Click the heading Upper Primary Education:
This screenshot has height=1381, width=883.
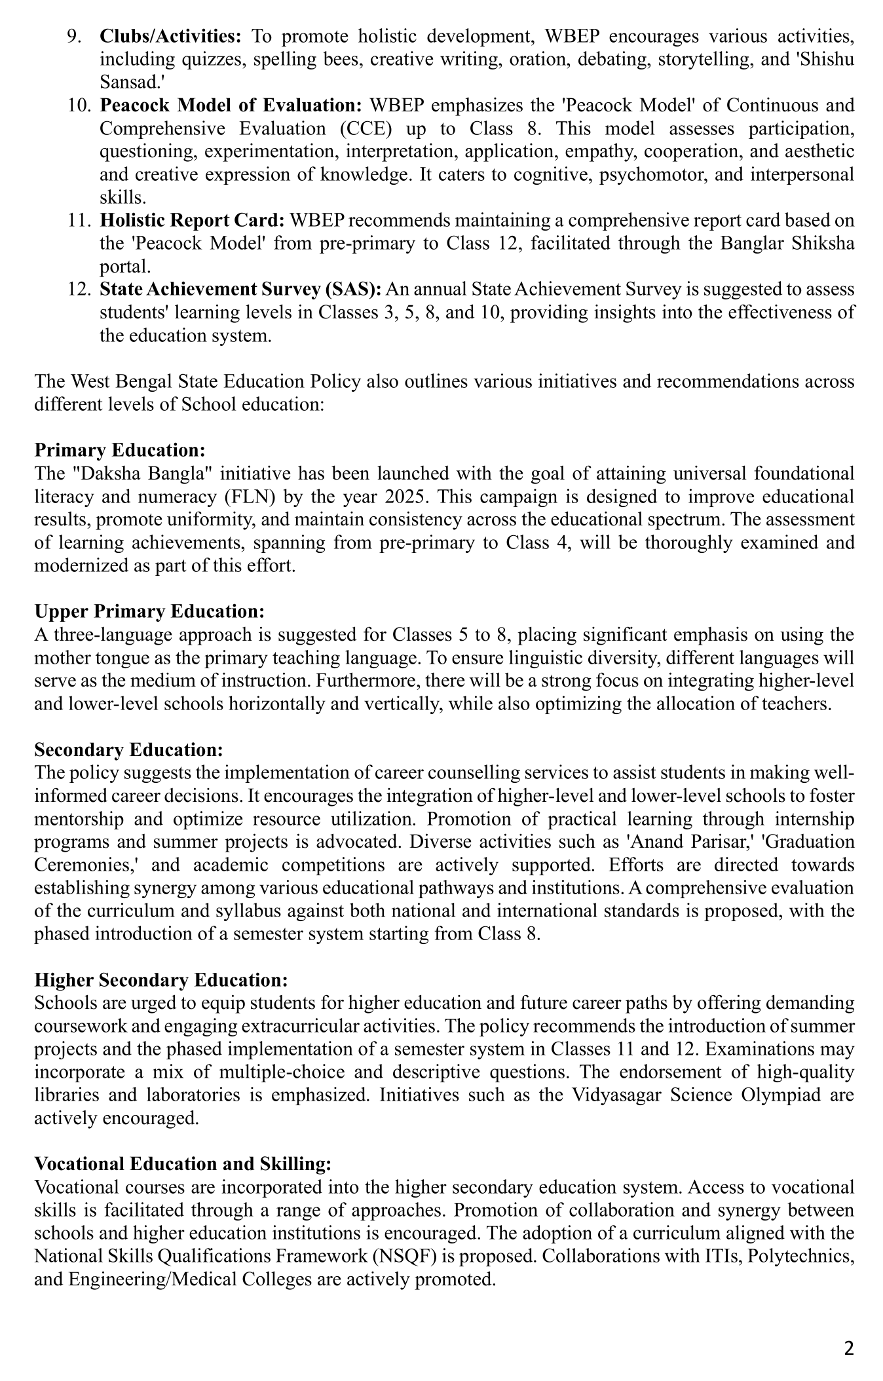point(149,611)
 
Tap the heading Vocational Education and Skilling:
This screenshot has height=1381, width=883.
point(183,1163)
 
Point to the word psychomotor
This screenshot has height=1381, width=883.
point(635,174)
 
